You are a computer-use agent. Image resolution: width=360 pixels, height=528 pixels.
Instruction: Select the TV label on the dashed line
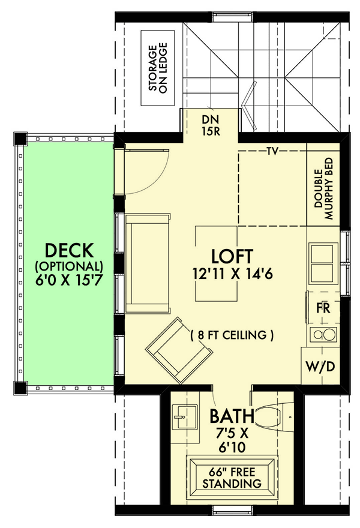(x=272, y=151)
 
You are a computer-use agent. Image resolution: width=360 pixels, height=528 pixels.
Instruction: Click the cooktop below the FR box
(x=320, y=335)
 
